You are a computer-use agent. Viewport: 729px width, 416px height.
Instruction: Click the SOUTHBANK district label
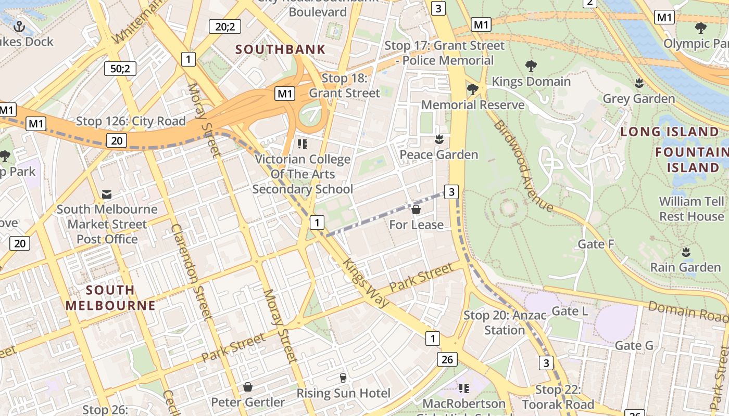[280, 50]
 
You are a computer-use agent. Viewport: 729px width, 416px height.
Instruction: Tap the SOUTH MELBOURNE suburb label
[110, 297]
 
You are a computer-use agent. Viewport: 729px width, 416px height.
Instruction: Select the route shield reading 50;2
[120, 68]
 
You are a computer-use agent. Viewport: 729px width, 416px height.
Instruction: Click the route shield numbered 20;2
[224, 26]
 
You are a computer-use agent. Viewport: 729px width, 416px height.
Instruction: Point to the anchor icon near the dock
[19, 26]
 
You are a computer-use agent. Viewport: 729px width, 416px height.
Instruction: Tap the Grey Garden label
[638, 98]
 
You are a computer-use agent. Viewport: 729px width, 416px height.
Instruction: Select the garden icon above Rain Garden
[686, 252]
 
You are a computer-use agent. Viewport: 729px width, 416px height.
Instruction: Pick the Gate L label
[569, 311]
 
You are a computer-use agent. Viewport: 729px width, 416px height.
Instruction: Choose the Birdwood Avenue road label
[523, 166]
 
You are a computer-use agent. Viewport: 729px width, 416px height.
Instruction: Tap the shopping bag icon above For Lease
[416, 210]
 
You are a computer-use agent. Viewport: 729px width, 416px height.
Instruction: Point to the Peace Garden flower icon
[439, 139]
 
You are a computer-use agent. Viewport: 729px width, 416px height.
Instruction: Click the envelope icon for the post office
[107, 194]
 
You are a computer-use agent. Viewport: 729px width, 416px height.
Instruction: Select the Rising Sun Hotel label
[343, 393]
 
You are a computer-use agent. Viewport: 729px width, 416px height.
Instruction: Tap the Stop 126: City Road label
[131, 121]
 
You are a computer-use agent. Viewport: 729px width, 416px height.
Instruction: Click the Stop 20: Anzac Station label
[505, 322]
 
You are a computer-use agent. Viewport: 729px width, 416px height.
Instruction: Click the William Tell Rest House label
[691, 209]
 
